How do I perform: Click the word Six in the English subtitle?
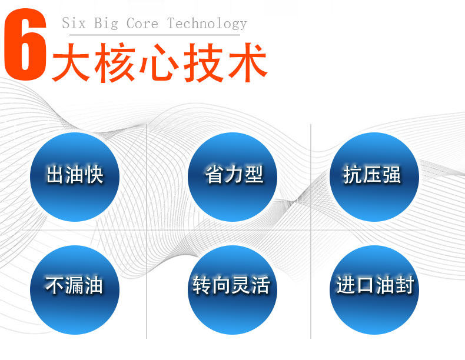point(74,24)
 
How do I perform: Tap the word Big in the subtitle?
point(105,24)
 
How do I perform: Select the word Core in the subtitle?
point(142,24)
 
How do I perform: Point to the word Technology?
point(207,24)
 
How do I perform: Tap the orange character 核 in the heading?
point(117,62)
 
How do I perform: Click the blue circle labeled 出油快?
point(75,176)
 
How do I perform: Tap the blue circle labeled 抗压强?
point(374,176)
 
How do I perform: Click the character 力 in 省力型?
point(233,175)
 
